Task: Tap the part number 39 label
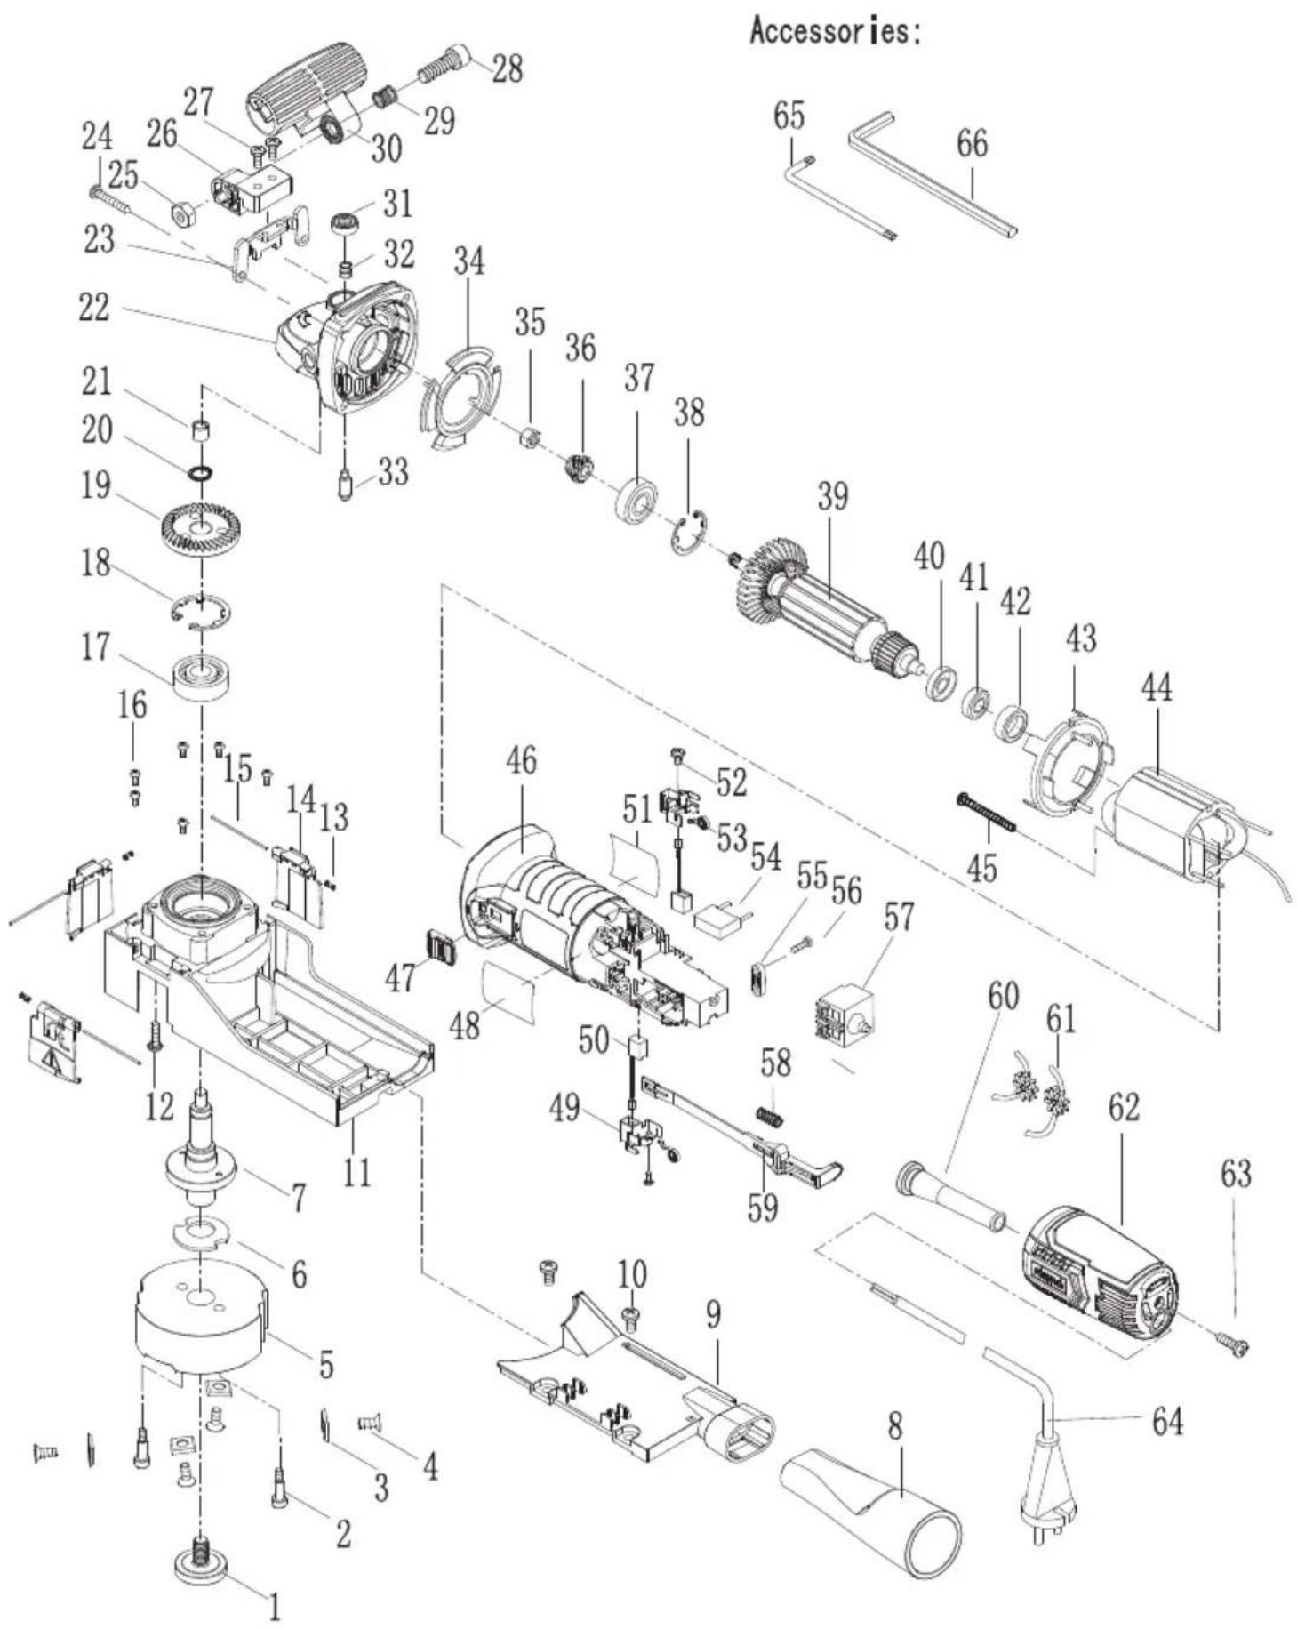(832, 497)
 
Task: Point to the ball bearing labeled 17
(204, 675)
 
